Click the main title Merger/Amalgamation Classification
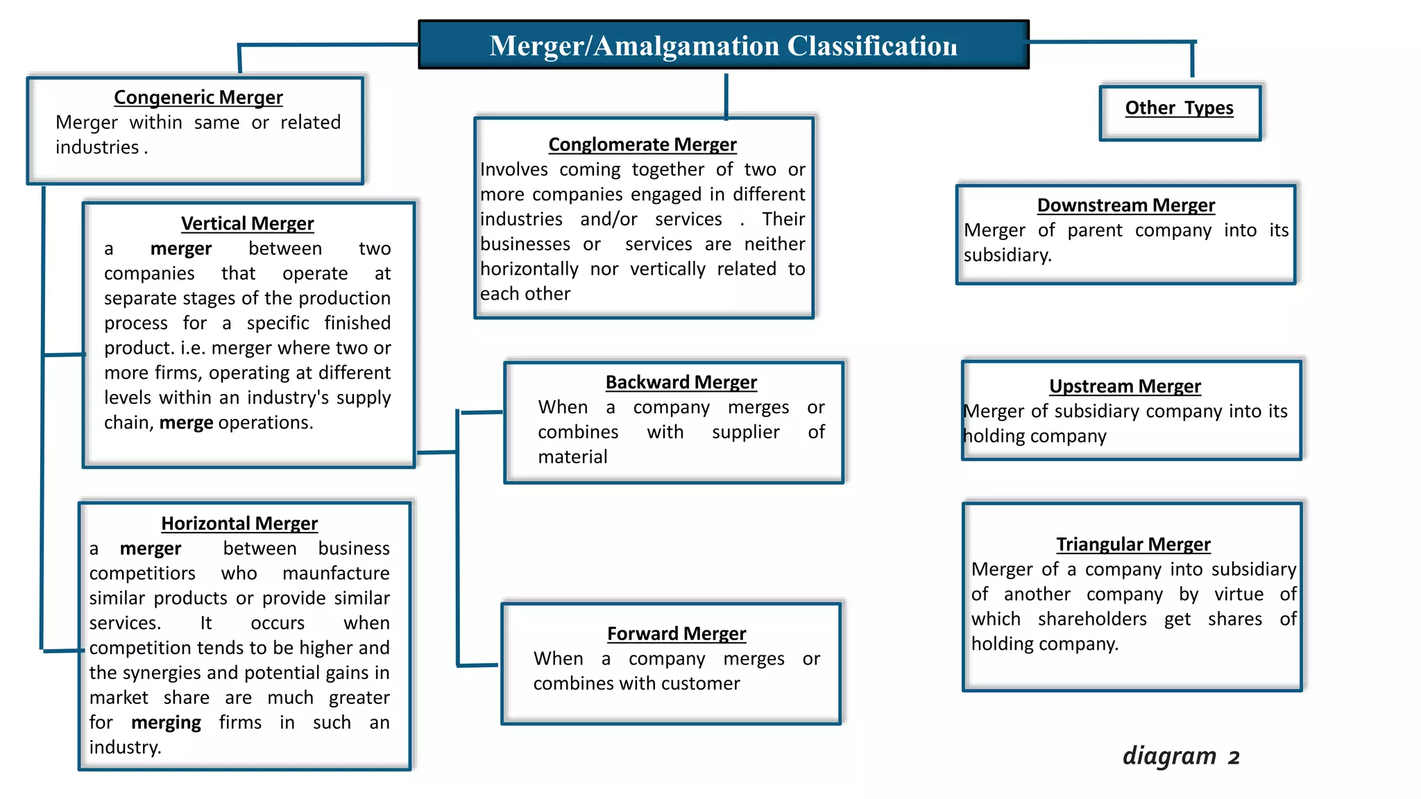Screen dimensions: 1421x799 (x=723, y=46)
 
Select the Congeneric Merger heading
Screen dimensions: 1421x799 (x=198, y=97)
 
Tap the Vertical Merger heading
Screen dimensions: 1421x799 (x=248, y=223)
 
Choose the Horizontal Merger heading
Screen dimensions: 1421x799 (x=239, y=523)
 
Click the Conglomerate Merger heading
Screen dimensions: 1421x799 (x=643, y=144)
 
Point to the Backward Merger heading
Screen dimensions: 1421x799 (x=681, y=382)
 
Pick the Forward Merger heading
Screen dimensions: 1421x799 (x=677, y=634)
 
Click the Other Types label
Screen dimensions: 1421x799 (x=1180, y=108)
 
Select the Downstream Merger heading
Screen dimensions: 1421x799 (x=1126, y=205)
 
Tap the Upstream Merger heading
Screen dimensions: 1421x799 (x=1125, y=386)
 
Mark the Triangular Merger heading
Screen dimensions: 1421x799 (x=1134, y=544)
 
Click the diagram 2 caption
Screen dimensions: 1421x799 (x=1181, y=755)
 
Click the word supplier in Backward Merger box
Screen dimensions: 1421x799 (x=746, y=433)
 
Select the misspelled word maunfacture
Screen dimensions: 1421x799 (x=336, y=574)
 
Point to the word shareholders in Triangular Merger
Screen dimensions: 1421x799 (x=1092, y=619)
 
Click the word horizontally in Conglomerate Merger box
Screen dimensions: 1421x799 (x=529, y=269)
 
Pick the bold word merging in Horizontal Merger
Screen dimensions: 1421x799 (x=166, y=723)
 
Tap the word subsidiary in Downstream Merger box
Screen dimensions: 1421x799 (x=1007, y=256)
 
